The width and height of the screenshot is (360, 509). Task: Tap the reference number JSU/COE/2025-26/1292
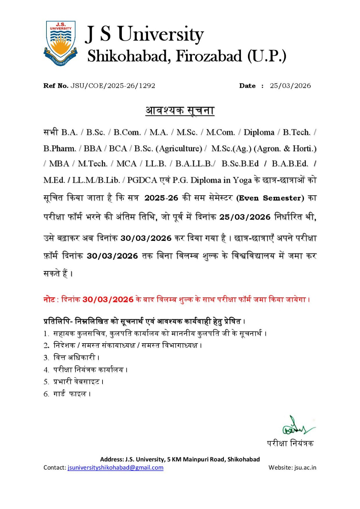113,86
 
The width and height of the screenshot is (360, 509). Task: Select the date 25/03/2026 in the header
290,86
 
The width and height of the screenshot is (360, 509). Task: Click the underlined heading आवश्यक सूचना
180,110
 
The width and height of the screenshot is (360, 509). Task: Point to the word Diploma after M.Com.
259,132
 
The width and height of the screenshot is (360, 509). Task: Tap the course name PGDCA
142,180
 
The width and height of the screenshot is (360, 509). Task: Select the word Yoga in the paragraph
242,180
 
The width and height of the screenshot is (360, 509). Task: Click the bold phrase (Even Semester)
270,198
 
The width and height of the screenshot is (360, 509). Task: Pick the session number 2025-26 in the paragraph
161,198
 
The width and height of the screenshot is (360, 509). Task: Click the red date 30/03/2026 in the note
108,300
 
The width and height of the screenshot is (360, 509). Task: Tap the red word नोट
49,300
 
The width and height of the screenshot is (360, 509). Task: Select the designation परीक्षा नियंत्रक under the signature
290,443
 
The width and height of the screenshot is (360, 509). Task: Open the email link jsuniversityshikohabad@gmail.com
115,468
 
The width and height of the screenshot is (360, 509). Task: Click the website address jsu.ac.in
305,468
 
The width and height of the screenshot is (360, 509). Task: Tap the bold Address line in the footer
180,459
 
